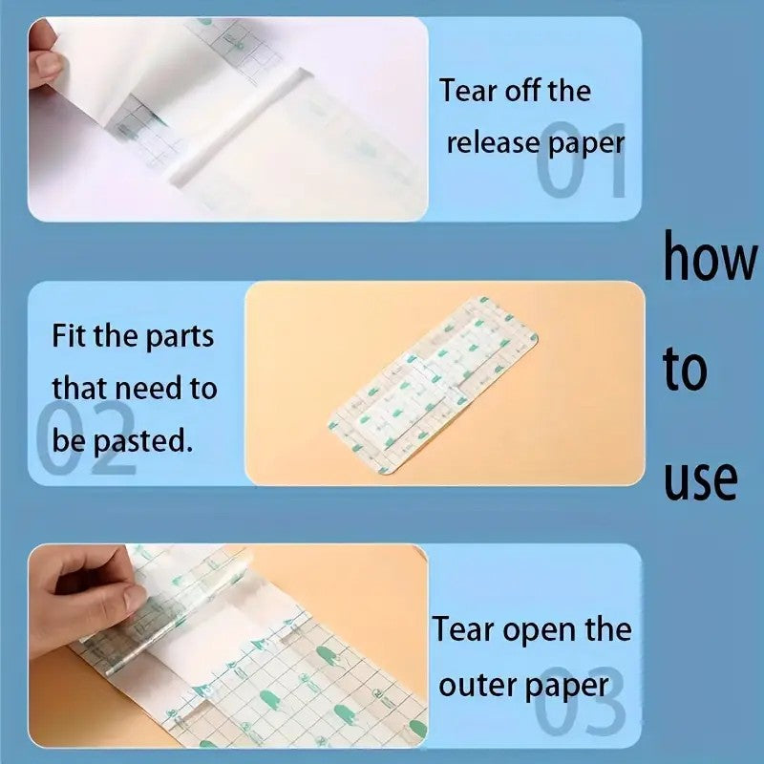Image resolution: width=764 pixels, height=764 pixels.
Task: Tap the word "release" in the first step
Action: click(494, 143)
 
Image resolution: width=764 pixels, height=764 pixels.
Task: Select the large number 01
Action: click(581, 159)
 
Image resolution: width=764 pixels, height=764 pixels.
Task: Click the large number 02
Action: click(86, 437)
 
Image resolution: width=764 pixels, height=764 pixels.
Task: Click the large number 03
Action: click(580, 700)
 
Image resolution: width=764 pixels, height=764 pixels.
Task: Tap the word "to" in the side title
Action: click(685, 368)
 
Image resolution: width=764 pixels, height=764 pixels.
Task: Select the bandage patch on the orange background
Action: click(434, 385)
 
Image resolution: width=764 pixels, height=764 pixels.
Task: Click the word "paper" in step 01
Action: click(586, 145)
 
